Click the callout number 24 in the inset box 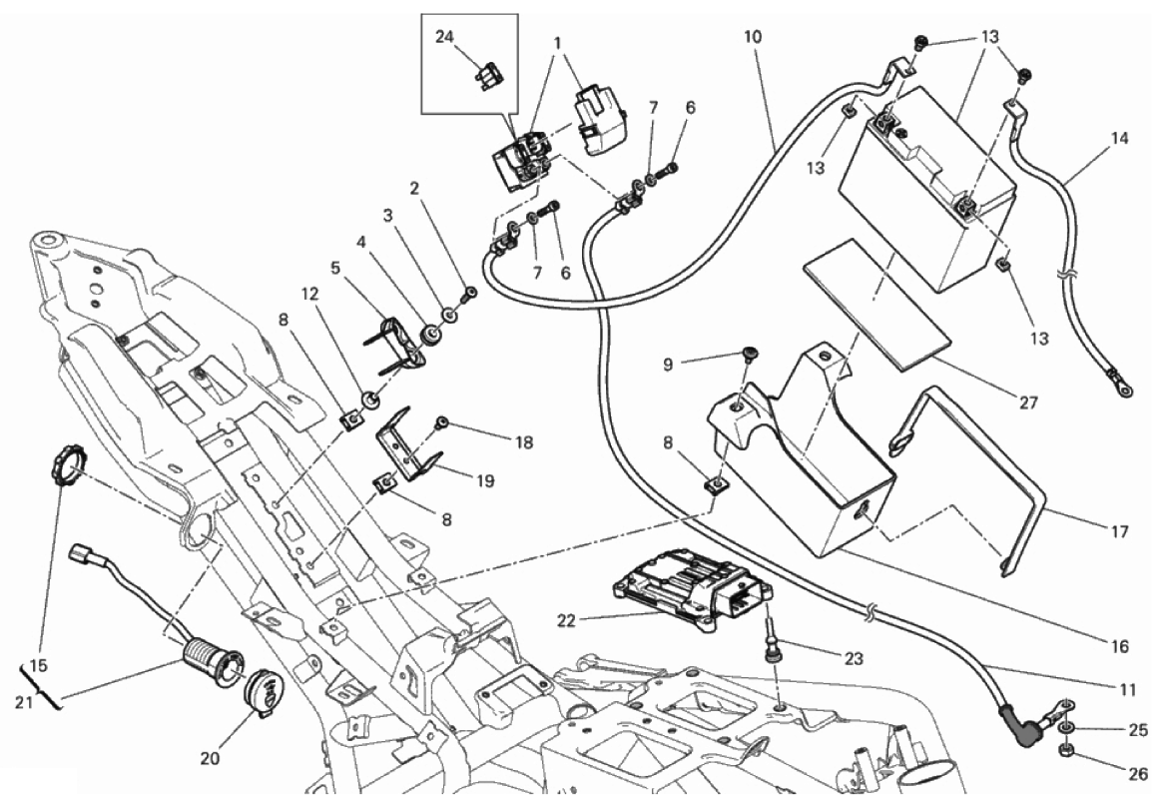[x=444, y=36]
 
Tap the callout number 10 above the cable [x=752, y=36]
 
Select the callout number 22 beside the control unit [x=566, y=620]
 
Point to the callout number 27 [x=1028, y=402]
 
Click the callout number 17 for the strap [x=1119, y=531]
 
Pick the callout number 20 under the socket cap [x=210, y=758]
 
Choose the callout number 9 [x=668, y=366]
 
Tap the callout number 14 [x=1119, y=138]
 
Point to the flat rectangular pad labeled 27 [x=877, y=305]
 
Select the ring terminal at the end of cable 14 [x=1119, y=386]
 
